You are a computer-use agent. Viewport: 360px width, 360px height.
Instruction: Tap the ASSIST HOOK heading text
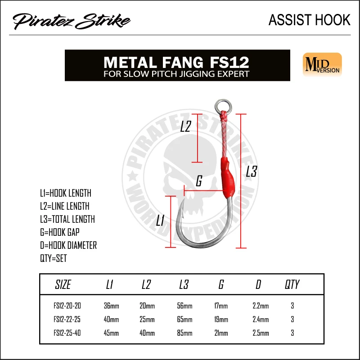309,20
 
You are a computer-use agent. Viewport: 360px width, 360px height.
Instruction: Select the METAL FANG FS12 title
176,61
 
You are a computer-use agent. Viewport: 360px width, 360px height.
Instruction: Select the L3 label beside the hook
251,172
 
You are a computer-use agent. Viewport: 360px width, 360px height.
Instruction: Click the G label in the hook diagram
198,182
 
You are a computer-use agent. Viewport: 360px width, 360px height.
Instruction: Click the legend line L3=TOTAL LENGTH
67,220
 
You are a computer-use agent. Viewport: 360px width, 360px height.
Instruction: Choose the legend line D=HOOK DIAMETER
68,246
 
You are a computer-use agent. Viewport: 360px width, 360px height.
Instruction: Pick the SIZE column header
63,285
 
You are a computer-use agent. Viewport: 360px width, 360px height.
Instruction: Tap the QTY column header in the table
292,285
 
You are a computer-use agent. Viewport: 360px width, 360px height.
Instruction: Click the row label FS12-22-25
68,320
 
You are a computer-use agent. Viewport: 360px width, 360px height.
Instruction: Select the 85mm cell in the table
184,333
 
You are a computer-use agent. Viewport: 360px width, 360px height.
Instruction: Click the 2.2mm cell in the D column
261,306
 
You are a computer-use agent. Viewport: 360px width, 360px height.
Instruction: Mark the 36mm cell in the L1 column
112,306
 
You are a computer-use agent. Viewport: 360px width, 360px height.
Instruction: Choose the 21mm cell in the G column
221,333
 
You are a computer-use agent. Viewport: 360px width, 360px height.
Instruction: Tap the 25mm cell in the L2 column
147,320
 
